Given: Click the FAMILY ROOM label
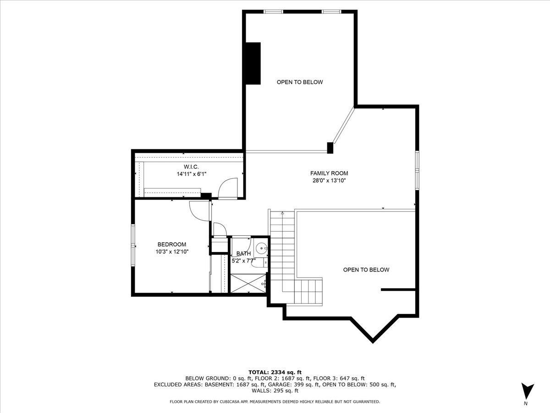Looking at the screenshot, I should point(329,173).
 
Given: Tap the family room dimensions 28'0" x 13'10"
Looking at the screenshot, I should point(329,181).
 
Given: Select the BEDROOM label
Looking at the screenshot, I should point(172,244).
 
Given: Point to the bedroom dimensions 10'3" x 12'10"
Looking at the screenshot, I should point(172,251).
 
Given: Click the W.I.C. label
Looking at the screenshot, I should point(191,167).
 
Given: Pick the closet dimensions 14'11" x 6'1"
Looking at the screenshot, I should point(191,174).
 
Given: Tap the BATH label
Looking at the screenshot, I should point(243,253).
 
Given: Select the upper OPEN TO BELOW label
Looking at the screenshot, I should point(300,82).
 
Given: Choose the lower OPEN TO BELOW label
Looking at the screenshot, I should point(366,270).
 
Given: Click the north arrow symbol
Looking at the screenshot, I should point(527,391).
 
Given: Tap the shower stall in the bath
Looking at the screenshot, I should point(248,284).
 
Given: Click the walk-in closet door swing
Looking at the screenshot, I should point(227,188).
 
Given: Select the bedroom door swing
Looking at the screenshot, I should point(199,211).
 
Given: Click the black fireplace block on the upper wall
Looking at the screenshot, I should point(253,63).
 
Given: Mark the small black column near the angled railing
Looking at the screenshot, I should point(330,147).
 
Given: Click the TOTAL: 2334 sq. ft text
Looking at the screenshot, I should point(275,372).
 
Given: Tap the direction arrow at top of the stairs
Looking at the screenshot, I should point(283,213).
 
